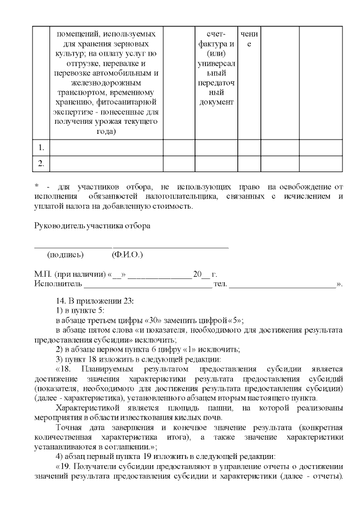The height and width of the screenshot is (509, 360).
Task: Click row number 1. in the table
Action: pyautogui.click(x=40, y=148)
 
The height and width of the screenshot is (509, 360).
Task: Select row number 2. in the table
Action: pyautogui.click(x=40, y=164)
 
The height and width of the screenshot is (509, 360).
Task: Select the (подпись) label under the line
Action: pyautogui.click(x=66, y=255)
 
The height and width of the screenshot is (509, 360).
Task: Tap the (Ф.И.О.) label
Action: pyautogui.click(x=127, y=255)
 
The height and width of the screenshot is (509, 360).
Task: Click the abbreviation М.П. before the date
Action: pyautogui.click(x=43, y=274)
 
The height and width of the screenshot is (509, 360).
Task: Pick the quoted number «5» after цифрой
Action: pyautogui.click(x=233, y=321)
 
